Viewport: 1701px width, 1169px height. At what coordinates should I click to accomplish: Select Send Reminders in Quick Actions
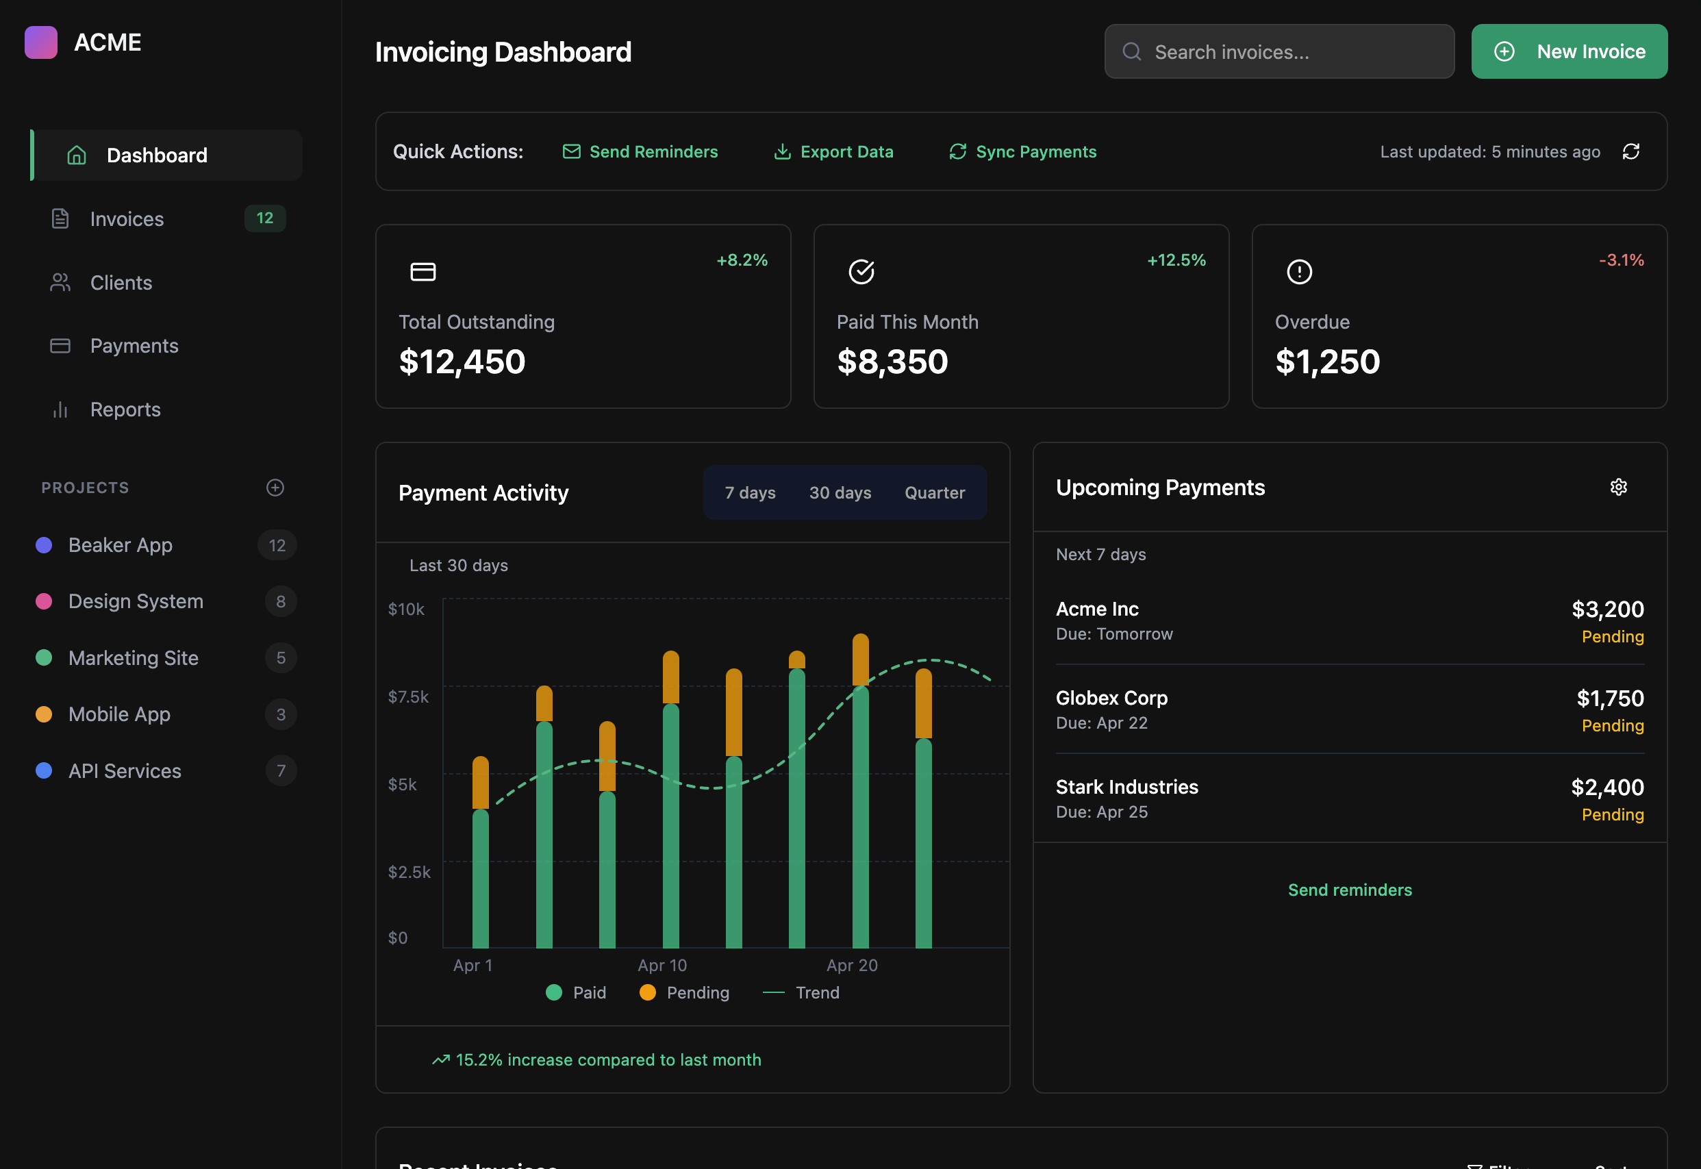tap(640, 151)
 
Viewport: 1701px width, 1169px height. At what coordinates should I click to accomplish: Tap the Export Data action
tap(833, 151)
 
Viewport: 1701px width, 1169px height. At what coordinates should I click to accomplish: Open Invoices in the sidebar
tap(127, 219)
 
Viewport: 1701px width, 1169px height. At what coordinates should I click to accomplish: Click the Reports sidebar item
tap(125, 410)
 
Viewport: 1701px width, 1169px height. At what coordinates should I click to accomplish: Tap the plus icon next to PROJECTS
tap(275, 488)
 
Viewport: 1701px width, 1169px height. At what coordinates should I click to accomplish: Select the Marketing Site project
tap(134, 657)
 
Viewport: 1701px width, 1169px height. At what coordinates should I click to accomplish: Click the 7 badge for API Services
tap(281, 770)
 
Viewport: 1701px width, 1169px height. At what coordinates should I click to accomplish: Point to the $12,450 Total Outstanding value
tap(462, 362)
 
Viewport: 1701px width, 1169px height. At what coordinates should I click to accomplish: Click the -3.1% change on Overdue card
tap(1620, 260)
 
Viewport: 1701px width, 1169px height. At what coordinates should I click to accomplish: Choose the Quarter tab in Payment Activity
tap(934, 493)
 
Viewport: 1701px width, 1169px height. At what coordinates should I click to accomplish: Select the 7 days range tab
tap(750, 493)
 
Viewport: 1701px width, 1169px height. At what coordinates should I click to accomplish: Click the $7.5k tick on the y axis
tap(408, 696)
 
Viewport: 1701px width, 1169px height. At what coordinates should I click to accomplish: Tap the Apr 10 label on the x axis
tap(662, 966)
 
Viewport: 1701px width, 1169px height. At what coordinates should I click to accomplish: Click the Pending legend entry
tap(684, 992)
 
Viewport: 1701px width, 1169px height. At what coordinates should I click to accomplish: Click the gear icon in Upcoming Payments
tap(1618, 487)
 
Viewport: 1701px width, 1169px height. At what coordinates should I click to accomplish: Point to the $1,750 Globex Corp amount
tap(1609, 698)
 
